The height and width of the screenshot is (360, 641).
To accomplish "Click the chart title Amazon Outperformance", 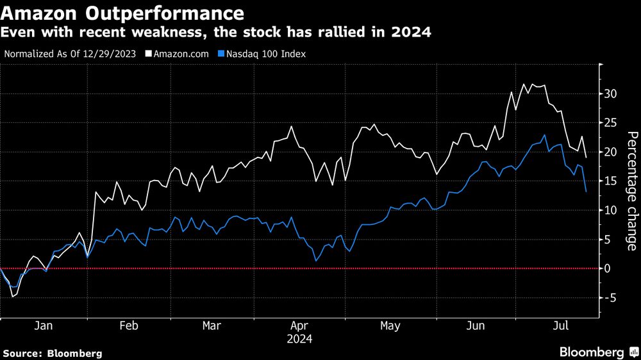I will click(x=122, y=13).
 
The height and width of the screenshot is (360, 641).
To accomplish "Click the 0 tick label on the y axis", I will click(x=608, y=268).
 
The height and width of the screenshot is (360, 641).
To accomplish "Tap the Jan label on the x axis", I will click(x=42, y=326).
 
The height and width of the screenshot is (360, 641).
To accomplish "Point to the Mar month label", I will click(x=212, y=326).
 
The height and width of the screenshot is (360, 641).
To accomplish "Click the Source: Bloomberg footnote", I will click(x=53, y=353).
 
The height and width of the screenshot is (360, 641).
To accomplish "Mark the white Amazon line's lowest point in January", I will click(x=13, y=297).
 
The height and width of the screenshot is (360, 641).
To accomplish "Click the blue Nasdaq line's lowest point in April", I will click(x=316, y=260).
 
